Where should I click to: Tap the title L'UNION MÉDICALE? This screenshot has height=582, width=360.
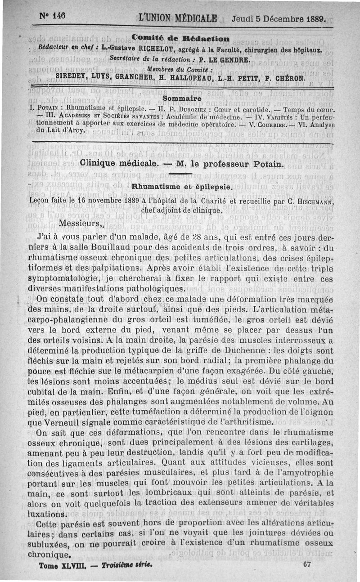178,19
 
